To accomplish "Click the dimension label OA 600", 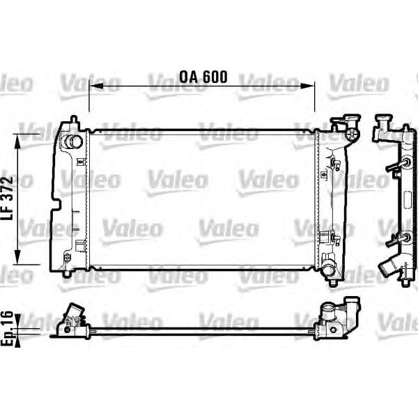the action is click(x=203, y=77).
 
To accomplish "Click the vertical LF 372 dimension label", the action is click(x=7, y=198).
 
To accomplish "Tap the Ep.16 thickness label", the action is click(x=7, y=328).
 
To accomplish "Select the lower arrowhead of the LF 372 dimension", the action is click(x=17, y=257).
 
